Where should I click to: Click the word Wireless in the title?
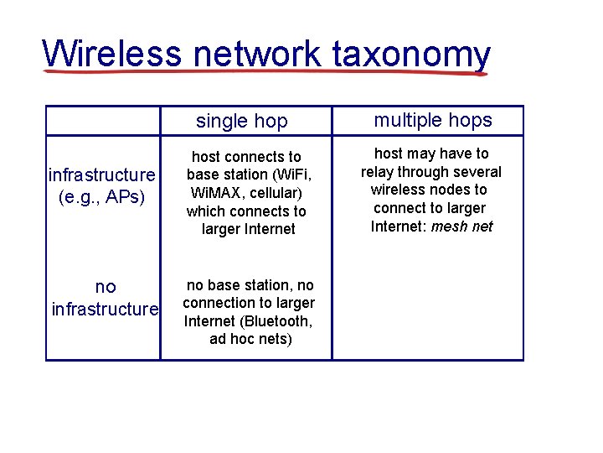point(111,54)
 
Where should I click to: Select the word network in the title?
point(256,54)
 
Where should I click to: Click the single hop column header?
point(241,121)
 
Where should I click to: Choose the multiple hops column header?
point(432,120)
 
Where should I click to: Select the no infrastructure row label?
point(105,298)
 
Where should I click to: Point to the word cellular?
point(280,193)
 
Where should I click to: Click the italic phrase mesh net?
point(461,226)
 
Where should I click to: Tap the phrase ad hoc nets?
point(250,339)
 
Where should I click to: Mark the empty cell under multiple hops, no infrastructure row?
point(427,311)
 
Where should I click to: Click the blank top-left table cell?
point(102,121)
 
